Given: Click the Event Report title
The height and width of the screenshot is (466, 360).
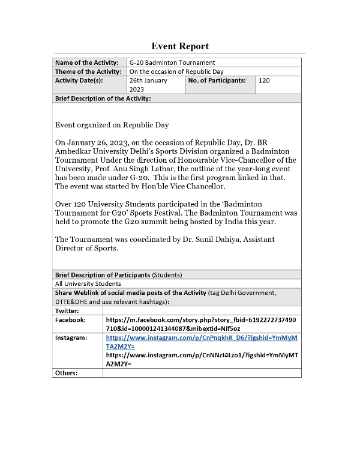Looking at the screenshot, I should (x=180, y=46).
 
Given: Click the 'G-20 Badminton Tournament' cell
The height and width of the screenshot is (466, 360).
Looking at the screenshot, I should (x=172, y=62).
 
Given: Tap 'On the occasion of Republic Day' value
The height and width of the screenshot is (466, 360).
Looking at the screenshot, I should (x=178, y=71).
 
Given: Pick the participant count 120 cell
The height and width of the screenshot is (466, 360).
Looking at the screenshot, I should (x=265, y=80).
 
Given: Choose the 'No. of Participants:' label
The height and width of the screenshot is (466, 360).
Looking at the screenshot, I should (x=217, y=80).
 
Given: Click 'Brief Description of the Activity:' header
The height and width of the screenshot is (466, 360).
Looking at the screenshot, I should (x=103, y=98).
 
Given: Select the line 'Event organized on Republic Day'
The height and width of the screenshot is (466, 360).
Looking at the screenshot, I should (x=112, y=125).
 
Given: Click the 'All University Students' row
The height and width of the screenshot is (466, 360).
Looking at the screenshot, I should (x=88, y=283).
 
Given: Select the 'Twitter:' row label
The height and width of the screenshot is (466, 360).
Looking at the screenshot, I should (x=67, y=310).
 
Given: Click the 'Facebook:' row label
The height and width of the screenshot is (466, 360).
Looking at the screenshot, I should (x=70, y=320).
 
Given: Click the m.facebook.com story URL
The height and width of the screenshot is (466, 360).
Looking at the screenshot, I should (x=202, y=324).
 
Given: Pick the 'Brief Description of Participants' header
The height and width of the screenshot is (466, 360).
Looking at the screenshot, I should (x=103, y=275).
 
